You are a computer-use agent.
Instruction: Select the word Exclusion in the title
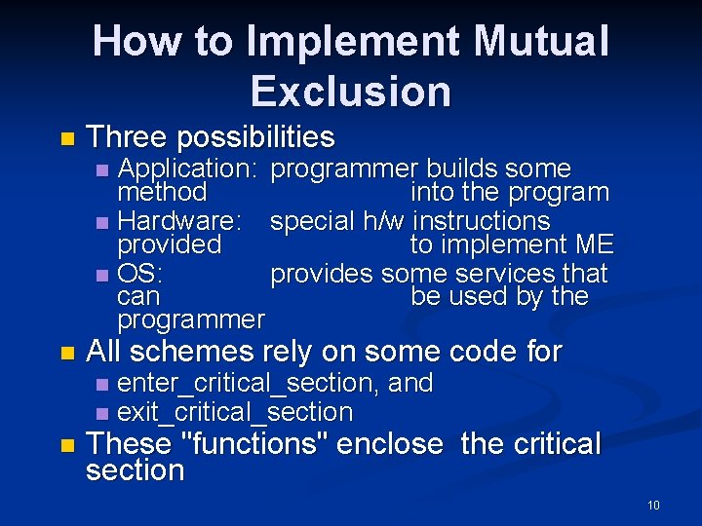(351, 91)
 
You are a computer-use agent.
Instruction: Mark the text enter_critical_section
(249, 383)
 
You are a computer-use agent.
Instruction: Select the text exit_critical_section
(234, 412)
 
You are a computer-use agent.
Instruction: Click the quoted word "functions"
(257, 444)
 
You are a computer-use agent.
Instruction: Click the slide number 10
(652, 505)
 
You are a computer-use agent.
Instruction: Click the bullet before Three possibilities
(65, 138)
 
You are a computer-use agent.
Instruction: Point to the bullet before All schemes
(65, 353)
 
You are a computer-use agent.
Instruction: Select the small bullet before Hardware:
(103, 222)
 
